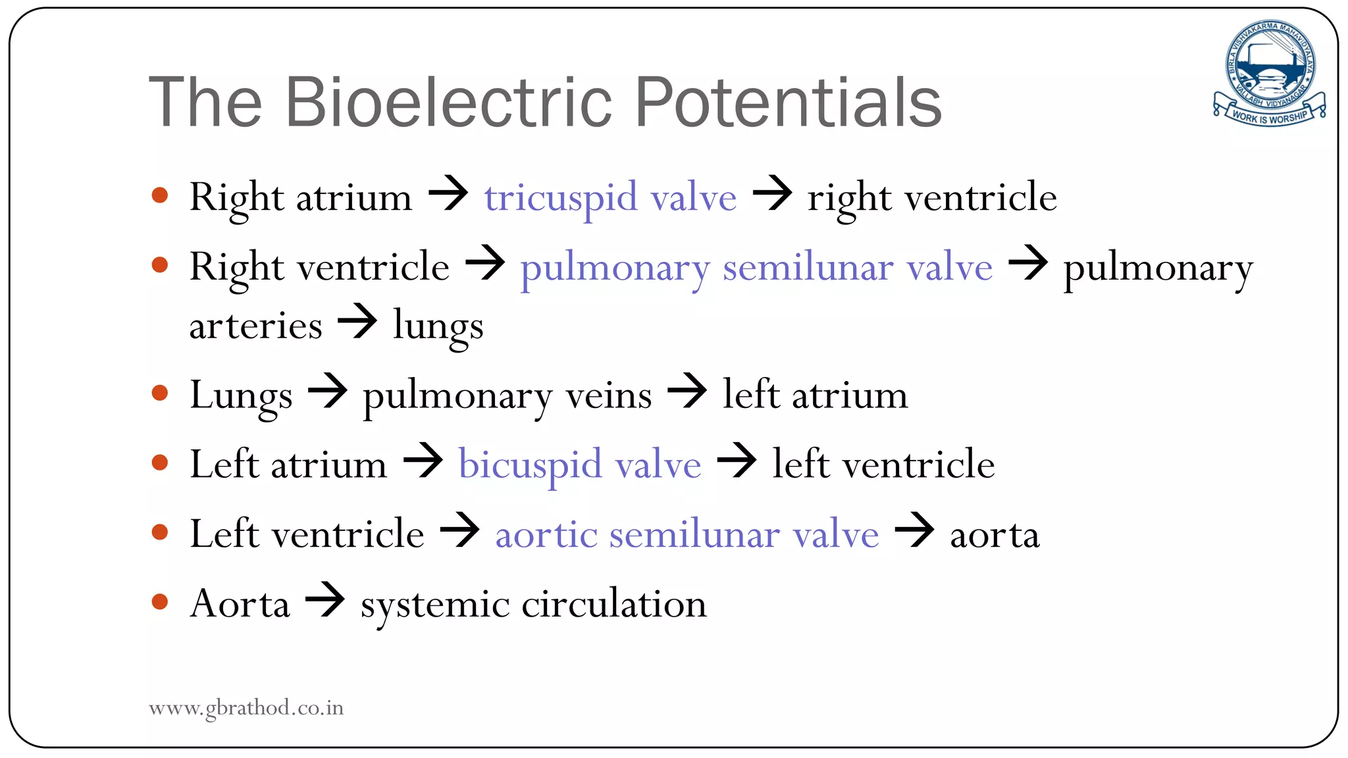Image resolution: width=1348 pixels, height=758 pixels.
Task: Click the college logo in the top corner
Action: (x=1269, y=72)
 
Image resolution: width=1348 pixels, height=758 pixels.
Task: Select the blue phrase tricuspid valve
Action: (x=610, y=197)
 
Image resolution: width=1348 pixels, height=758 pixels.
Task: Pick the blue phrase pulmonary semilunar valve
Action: (x=756, y=268)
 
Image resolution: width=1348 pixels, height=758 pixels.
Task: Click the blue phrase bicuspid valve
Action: (x=579, y=465)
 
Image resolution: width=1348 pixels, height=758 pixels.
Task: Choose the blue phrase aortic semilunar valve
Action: (x=687, y=534)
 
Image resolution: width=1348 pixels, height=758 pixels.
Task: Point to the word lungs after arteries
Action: (x=438, y=326)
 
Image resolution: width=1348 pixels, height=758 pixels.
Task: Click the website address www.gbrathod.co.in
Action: (x=246, y=708)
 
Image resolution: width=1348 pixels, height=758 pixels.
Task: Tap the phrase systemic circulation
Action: (x=533, y=604)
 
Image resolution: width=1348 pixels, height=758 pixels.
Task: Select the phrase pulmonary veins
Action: (x=507, y=396)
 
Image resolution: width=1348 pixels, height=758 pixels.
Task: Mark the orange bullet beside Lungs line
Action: (x=160, y=393)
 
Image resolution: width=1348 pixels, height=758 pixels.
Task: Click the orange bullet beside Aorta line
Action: (x=160, y=601)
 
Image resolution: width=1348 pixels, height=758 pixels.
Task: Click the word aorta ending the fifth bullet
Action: (x=995, y=535)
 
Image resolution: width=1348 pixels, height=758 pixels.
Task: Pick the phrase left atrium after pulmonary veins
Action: (x=815, y=395)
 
